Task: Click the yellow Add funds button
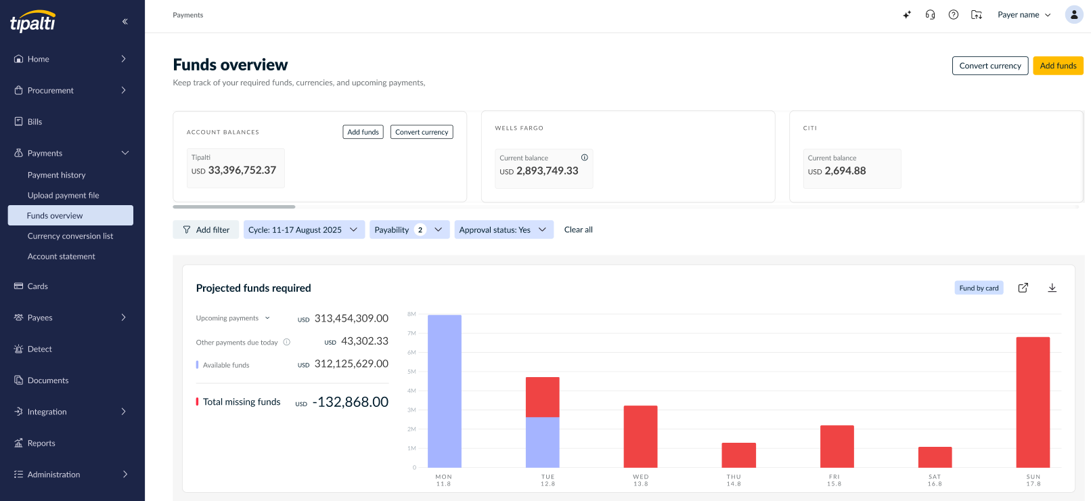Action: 1058,66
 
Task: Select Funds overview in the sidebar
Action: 70,215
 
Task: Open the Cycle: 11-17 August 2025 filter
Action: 304,230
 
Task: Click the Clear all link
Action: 578,230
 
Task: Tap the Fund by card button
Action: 979,288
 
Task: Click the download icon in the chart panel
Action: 1052,288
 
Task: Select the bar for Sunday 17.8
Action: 1033,402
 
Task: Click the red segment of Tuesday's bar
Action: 543,397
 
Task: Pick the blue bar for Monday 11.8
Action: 444,391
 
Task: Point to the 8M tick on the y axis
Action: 411,314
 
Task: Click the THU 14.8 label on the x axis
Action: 734,480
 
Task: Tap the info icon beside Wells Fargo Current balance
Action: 585,158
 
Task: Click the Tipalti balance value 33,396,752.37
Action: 242,170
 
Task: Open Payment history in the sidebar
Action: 56,175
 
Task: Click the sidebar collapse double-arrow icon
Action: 125,22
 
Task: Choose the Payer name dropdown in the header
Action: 1024,15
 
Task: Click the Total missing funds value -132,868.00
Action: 351,402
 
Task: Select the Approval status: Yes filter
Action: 504,230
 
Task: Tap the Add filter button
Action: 206,230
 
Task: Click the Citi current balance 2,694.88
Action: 845,171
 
